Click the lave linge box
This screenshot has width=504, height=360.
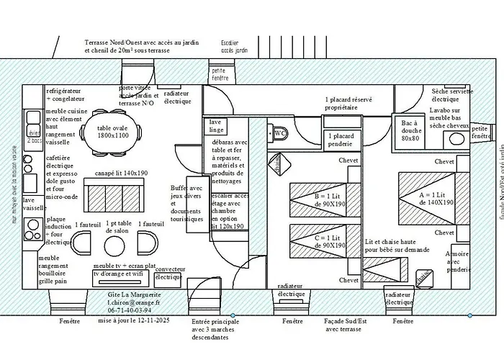217,126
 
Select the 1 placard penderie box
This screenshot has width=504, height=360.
340,140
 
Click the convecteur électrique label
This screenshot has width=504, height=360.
170,273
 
